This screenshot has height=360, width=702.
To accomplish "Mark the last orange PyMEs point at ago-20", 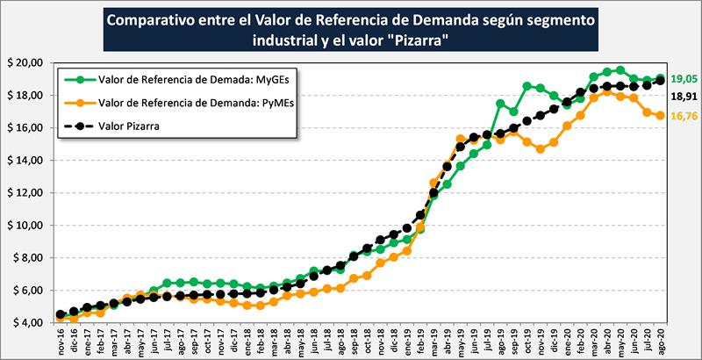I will pos(658,115).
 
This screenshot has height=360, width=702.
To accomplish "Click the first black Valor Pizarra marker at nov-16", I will pos(60,314).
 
